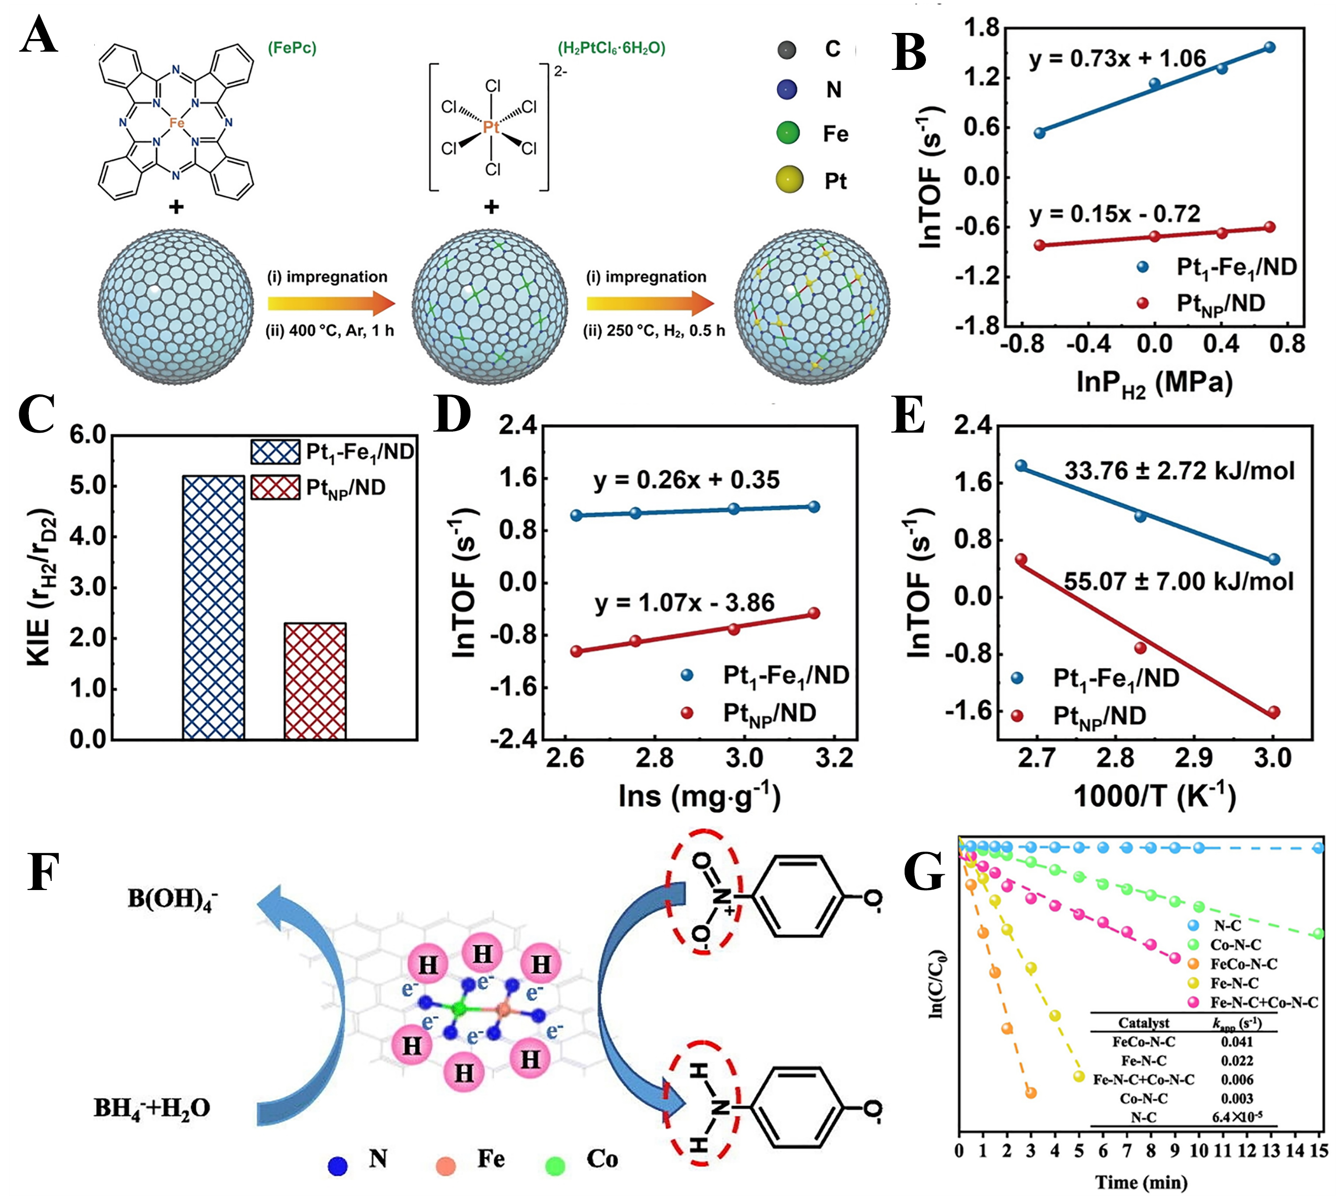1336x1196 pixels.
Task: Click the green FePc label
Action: click(292, 48)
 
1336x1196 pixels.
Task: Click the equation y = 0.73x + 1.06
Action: click(1117, 58)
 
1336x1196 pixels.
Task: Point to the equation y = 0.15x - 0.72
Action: click(1115, 214)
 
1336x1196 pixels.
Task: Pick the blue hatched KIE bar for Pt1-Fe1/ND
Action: click(214, 607)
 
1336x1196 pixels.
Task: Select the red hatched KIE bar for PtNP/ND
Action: click(315, 681)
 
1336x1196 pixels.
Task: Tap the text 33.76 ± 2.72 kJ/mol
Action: click(1179, 471)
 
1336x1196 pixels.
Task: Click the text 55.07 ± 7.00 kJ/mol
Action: click(1179, 581)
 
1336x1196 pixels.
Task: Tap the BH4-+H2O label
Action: click(152, 1108)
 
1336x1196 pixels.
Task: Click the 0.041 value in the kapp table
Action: click(1237, 1041)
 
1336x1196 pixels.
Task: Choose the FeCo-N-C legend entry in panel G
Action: click(1243, 964)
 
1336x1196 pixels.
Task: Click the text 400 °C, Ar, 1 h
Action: click(330, 331)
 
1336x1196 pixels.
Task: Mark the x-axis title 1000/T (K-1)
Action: click(1154, 796)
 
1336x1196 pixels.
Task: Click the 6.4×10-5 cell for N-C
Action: click(1237, 1116)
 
